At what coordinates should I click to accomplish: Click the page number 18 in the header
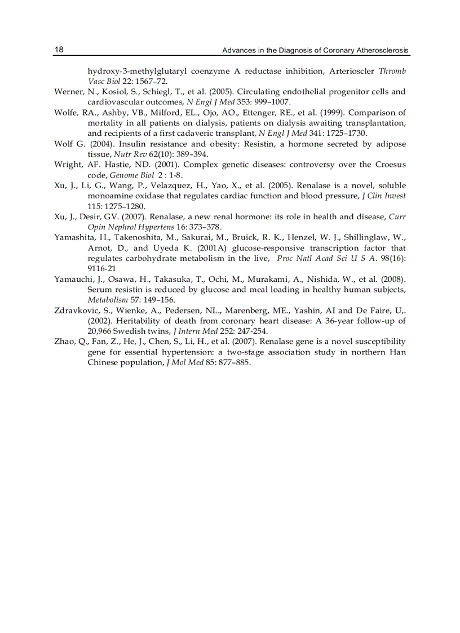tap(59, 50)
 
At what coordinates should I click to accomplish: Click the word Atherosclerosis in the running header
tap(382, 51)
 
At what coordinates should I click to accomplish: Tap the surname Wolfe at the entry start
tap(67, 112)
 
